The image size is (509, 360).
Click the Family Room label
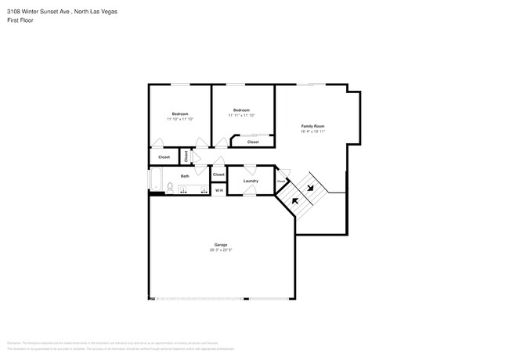click(x=313, y=126)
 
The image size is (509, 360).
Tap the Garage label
click(x=221, y=244)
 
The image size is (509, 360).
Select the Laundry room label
click(x=251, y=181)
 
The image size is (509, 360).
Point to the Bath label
click(x=185, y=176)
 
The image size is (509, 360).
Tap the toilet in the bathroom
click(x=170, y=187)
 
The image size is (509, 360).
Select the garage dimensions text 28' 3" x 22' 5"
click(x=221, y=250)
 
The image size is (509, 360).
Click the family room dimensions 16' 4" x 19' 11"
click(x=313, y=131)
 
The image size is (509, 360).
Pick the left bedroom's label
click(x=180, y=114)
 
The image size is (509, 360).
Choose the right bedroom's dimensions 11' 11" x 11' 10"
click(x=241, y=115)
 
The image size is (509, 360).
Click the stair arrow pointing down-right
click(x=311, y=187)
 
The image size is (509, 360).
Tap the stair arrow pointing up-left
click(x=296, y=201)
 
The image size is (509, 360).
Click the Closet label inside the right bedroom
click(x=253, y=142)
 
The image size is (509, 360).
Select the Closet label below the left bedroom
click(x=164, y=157)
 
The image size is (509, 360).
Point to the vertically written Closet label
click(x=186, y=156)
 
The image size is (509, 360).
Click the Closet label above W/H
click(x=218, y=175)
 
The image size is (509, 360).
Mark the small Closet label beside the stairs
click(x=281, y=182)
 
